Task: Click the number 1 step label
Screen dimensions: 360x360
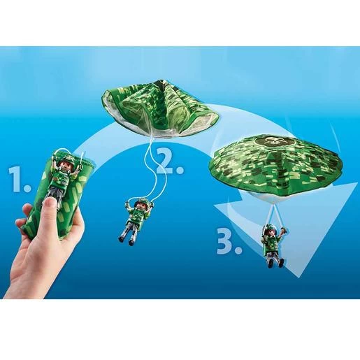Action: (x=19, y=179)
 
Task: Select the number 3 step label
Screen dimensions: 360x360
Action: (x=229, y=240)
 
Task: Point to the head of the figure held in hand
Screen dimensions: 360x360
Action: (x=66, y=165)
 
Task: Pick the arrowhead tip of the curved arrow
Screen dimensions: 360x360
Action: (x=298, y=278)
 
